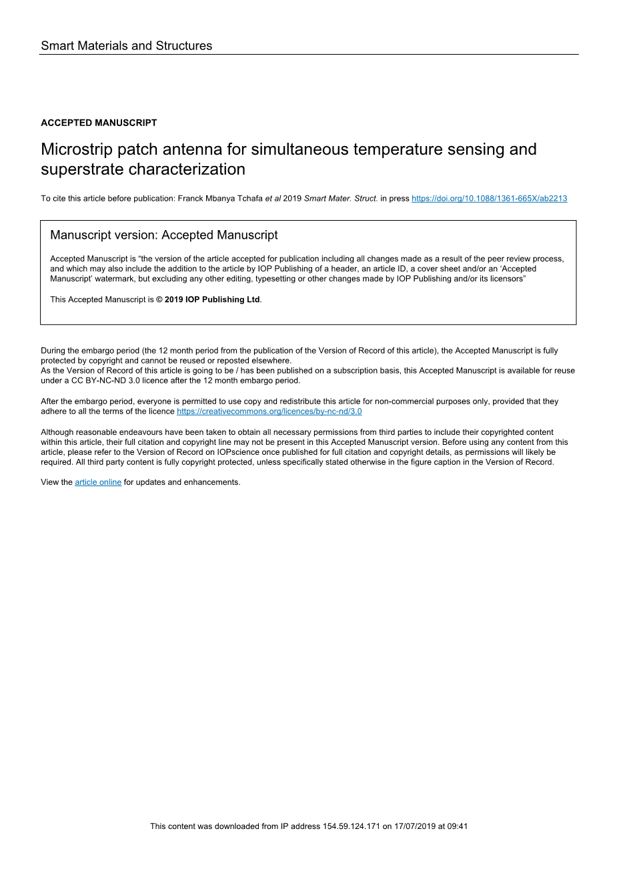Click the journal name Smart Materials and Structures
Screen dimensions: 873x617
pos(127,46)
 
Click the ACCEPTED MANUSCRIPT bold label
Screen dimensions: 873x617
pos(99,123)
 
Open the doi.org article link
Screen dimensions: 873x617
pos(489,199)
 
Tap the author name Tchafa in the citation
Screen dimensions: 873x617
pos(249,199)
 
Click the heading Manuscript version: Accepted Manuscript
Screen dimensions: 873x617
pos(164,235)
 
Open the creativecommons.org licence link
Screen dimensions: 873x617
pos(269,411)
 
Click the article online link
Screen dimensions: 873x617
pos(98,482)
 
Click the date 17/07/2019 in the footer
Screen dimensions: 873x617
pos(415,826)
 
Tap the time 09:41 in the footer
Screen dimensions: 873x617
pos(458,826)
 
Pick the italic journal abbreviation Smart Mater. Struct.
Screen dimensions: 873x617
pos(341,199)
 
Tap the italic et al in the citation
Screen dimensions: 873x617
pos(273,199)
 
